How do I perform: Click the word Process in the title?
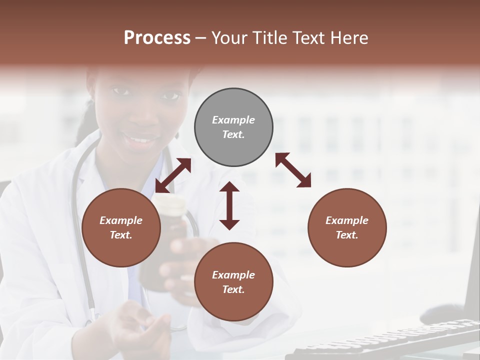157,38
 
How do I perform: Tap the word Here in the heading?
348,38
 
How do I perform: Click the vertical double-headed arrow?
229,205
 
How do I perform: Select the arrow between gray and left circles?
173,175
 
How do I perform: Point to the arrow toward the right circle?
293,170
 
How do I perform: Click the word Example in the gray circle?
233,120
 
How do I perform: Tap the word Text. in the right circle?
347,235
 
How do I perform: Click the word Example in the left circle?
121,220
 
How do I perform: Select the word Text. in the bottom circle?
233,289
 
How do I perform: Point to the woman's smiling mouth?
141,138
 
